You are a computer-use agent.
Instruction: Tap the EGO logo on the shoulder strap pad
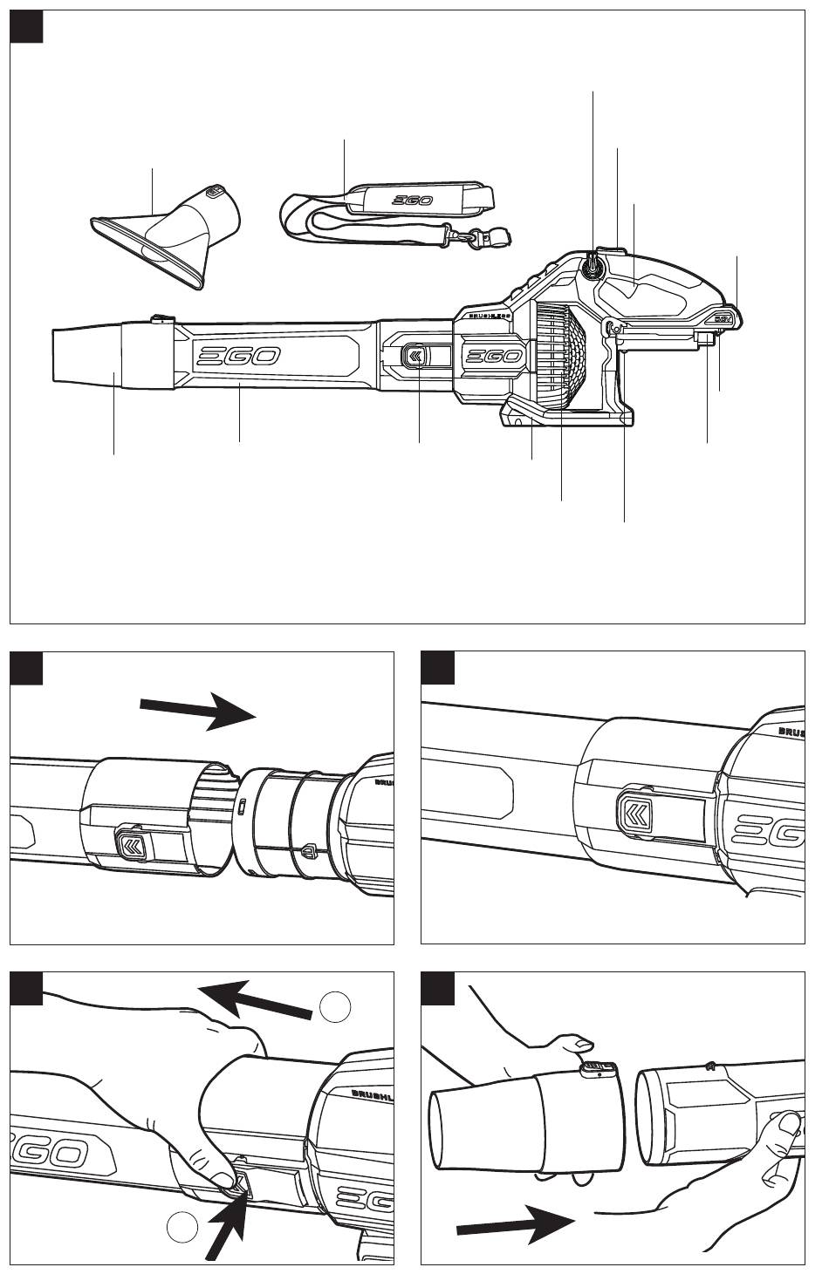click(x=408, y=201)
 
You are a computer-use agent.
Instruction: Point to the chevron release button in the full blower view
click(x=415, y=355)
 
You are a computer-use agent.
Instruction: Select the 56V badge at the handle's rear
click(x=723, y=317)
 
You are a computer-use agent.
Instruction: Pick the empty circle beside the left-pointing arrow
click(x=335, y=1007)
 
